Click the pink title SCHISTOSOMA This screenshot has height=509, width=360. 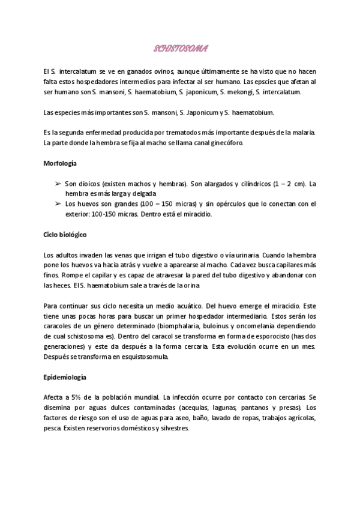[x=181, y=47]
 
